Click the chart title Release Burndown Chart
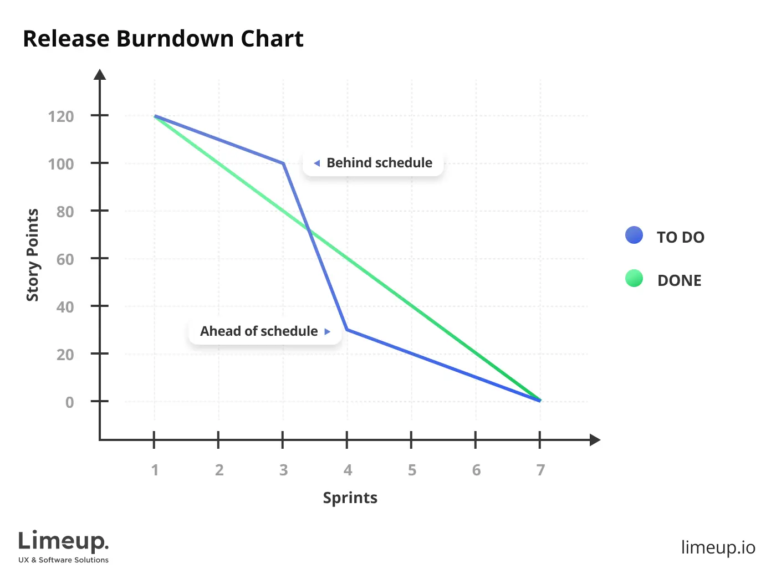click(163, 39)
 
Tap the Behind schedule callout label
click(379, 163)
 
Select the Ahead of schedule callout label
click(259, 331)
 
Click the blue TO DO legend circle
click(634, 235)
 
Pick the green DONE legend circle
click(634, 279)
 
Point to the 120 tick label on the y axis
click(61, 116)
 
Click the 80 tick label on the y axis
click(65, 212)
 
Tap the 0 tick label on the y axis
click(69, 402)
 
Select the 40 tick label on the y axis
click(65, 307)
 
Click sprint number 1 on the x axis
click(155, 470)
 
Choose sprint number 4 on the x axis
click(348, 470)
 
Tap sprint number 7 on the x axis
click(540, 470)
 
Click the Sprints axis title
click(350, 498)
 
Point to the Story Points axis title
click(33, 255)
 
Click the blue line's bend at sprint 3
click(283, 163)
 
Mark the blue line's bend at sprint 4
click(347, 330)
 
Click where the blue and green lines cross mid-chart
click(309, 230)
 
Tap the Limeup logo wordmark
click(63, 541)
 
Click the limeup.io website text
click(718, 547)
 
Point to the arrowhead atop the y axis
click(100, 75)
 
